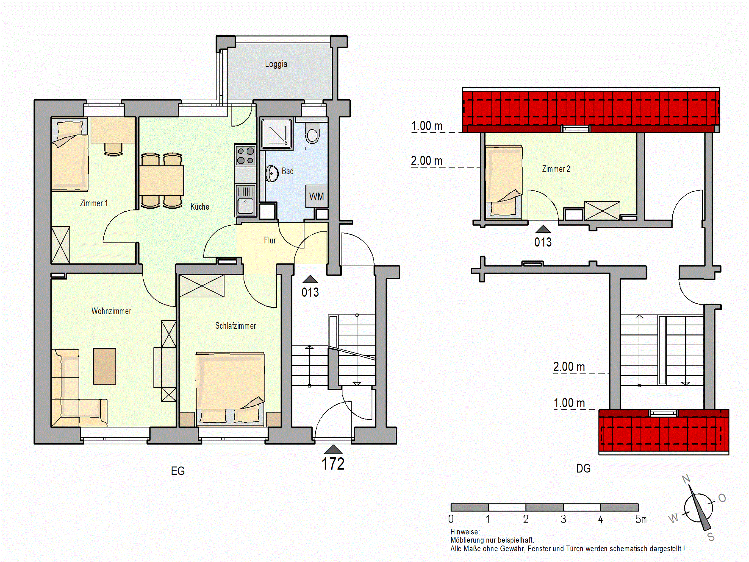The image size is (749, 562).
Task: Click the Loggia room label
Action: [276, 64]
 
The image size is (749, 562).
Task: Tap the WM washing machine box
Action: [317, 196]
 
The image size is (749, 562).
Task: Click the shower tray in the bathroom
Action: [276, 134]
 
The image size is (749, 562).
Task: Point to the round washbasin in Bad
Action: [272, 174]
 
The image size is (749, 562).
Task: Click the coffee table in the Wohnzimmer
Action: [104, 366]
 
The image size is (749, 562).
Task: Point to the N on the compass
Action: [686, 479]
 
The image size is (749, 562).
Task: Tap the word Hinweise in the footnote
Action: [465, 532]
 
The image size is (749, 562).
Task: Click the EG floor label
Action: [178, 471]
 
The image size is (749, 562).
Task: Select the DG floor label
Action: [583, 469]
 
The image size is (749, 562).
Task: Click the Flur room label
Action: [270, 240]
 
